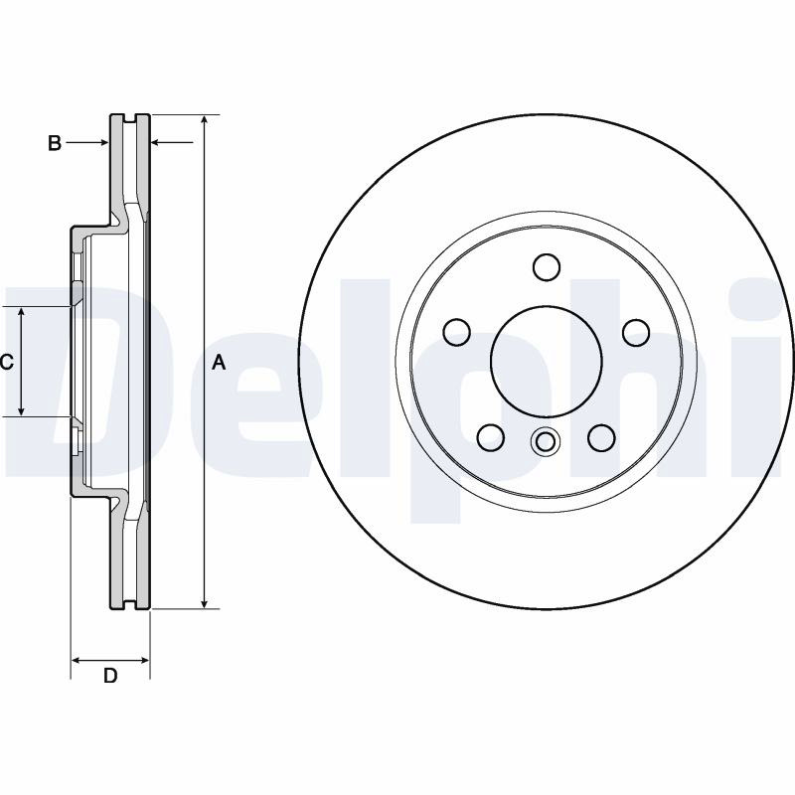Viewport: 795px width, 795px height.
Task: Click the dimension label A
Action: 218,363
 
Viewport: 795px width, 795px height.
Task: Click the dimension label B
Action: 55,143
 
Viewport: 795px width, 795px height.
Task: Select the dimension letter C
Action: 6,362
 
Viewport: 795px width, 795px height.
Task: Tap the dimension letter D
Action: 110,676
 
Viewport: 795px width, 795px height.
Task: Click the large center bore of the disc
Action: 546,361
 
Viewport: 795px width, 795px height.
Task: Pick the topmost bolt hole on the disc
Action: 547,266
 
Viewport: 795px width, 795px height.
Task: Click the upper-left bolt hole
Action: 456,332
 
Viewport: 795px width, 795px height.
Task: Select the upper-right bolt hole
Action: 636,332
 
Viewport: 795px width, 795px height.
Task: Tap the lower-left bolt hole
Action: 491,437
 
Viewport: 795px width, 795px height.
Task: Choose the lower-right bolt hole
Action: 602,437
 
